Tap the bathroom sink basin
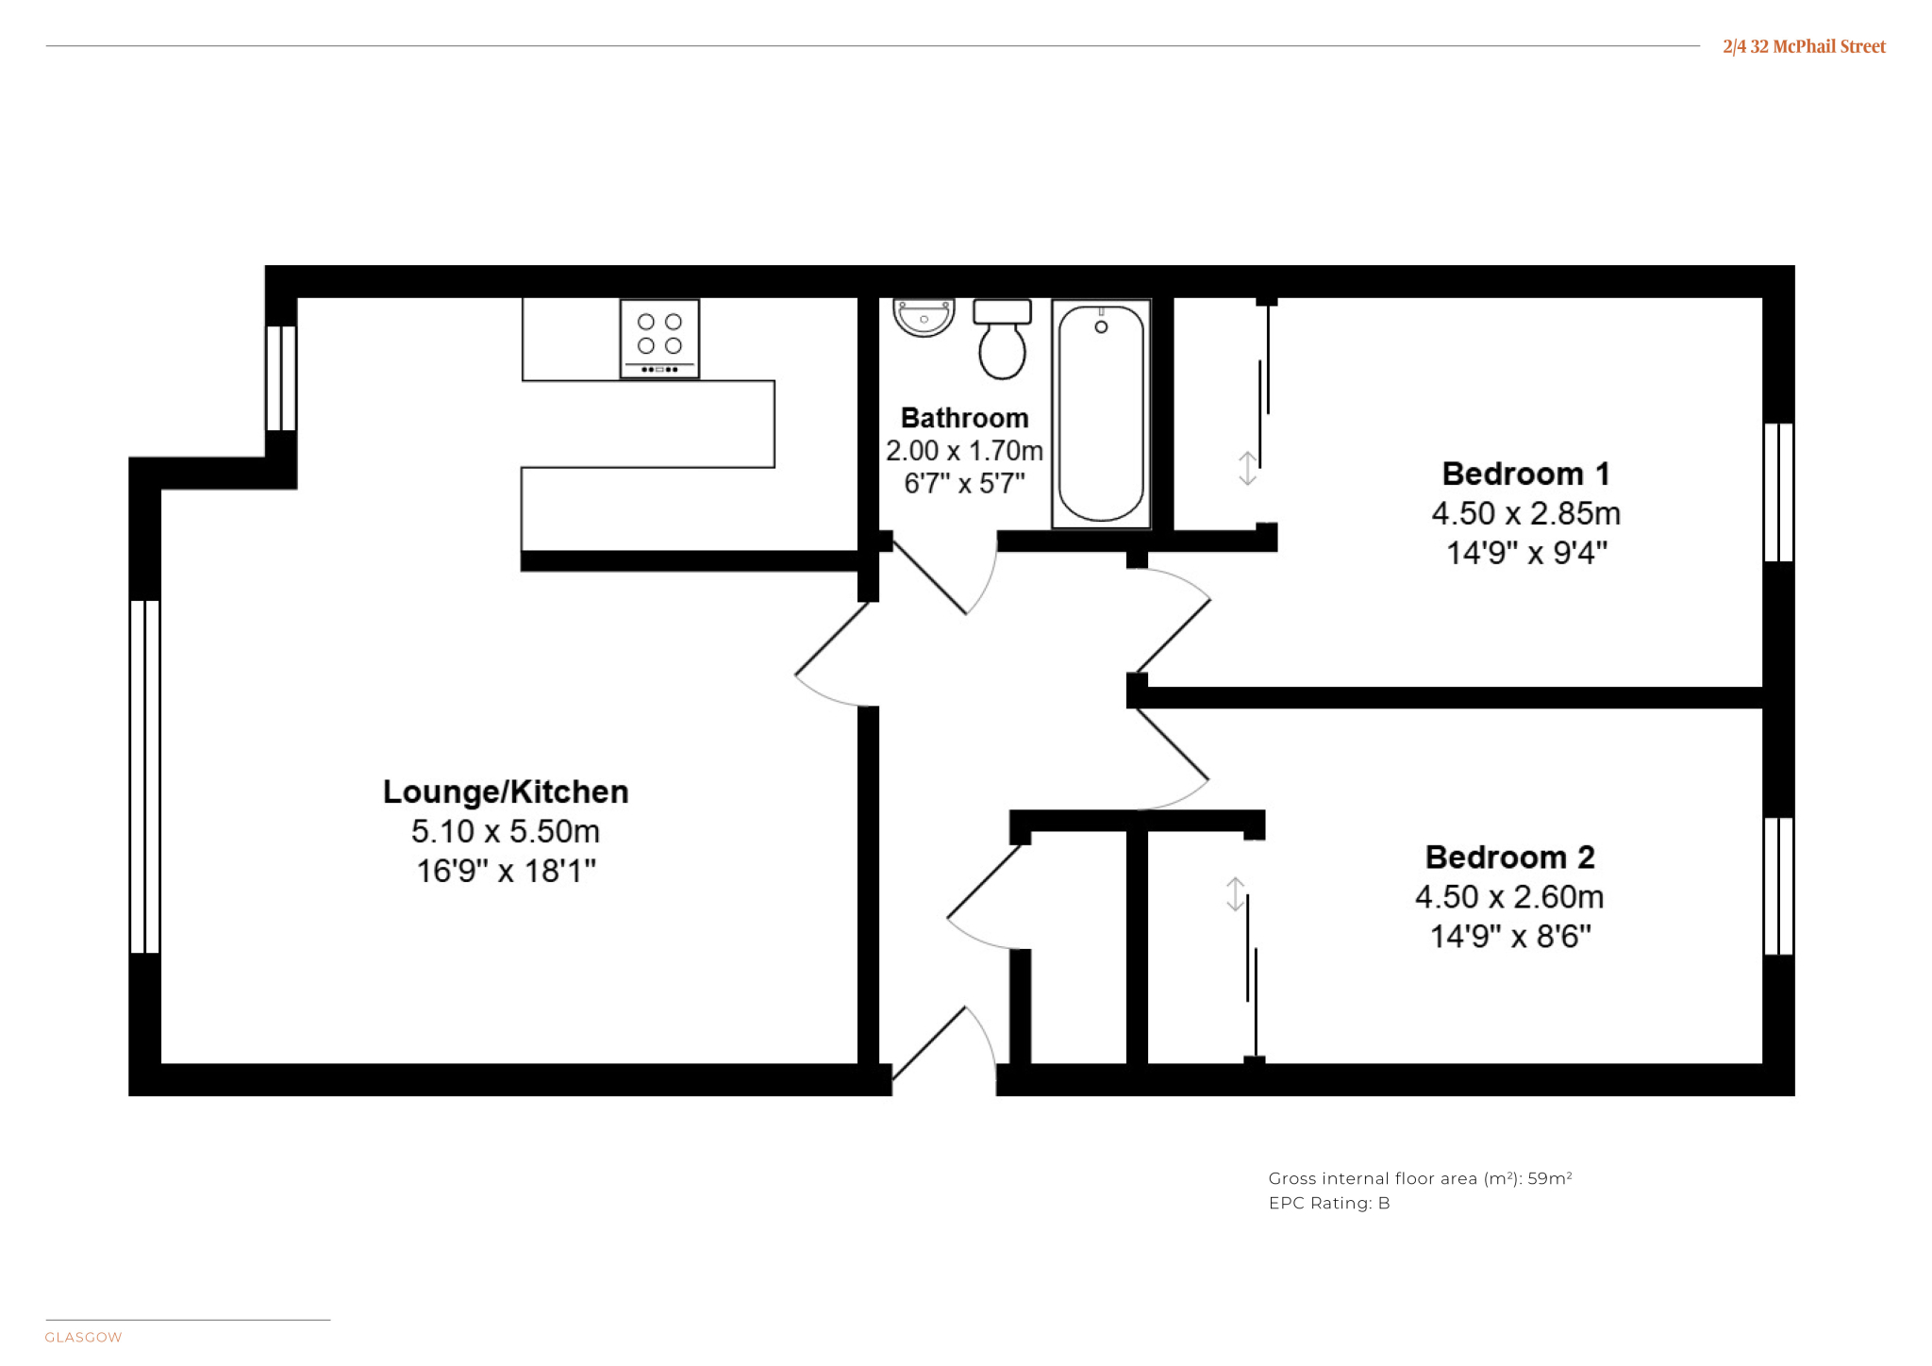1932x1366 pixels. [924, 318]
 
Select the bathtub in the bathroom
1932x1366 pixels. [1101, 413]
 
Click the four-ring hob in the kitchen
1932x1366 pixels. [659, 339]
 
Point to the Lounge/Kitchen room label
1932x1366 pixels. [506, 791]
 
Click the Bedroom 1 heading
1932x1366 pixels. [1525, 473]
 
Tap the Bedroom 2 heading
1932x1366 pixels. [1509, 857]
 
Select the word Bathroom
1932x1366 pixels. [964, 417]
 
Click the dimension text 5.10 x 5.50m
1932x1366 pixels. [506, 831]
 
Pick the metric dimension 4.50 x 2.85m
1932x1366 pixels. [1525, 513]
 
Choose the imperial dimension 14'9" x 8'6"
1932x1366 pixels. [1510, 936]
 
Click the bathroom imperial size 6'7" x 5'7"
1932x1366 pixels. [964, 483]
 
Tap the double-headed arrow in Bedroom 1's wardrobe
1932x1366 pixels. [1247, 468]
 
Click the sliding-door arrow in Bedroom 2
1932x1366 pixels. [1235, 894]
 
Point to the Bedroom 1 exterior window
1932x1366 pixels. [1778, 491]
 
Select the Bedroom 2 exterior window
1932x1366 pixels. [1778, 886]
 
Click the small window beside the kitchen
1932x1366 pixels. [281, 377]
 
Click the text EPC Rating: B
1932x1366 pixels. [1329, 1203]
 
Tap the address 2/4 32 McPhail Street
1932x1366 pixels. [1804, 46]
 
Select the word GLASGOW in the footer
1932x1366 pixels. [83, 1337]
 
